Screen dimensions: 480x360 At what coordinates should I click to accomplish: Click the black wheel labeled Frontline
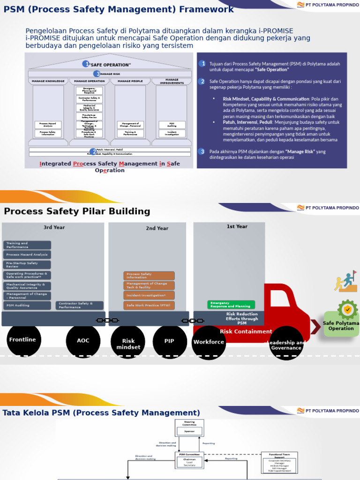23,340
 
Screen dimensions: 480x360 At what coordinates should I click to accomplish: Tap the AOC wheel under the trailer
83,341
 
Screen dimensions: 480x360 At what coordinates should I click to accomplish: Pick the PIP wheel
170,341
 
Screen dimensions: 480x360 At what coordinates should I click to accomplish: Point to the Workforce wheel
209,342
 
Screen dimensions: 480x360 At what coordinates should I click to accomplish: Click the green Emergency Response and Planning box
231,305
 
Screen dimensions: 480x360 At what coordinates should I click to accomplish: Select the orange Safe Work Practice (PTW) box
149,306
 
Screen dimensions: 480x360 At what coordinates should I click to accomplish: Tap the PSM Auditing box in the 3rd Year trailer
27,306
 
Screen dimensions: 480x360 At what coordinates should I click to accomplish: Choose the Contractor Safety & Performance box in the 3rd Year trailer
79,305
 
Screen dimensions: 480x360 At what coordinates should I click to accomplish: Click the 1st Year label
237,226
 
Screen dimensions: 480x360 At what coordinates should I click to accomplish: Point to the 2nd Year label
157,228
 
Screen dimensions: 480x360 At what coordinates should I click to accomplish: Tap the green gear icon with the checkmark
347,309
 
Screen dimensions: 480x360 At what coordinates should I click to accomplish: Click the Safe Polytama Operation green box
341,326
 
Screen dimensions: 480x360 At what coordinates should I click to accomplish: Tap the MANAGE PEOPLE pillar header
130,81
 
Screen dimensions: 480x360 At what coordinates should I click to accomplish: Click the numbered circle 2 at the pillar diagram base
94,152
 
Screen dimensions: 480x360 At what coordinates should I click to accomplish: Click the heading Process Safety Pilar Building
77,211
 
